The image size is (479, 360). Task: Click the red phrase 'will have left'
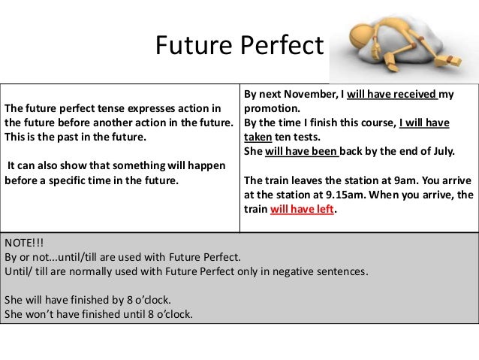(x=301, y=210)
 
